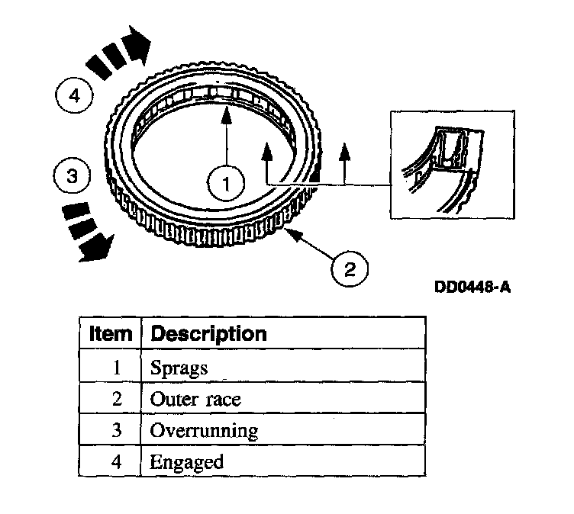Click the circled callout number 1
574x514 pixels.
pyautogui.click(x=226, y=182)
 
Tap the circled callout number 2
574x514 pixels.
pyautogui.click(x=349, y=268)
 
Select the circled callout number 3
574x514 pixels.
pyautogui.click(x=71, y=177)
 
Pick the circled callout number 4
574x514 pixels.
pyautogui.click(x=73, y=97)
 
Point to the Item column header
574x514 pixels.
pyautogui.click(x=110, y=333)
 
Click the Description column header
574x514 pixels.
pyautogui.click(x=208, y=333)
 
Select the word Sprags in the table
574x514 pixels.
pyautogui.click(x=179, y=368)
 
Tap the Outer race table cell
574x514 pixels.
pyautogui.click(x=196, y=399)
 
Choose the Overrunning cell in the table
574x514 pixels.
pyautogui.click(x=204, y=431)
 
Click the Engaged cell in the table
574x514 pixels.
pyautogui.click(x=186, y=461)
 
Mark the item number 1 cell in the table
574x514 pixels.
pyautogui.click(x=116, y=368)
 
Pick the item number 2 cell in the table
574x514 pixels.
pyautogui.click(x=116, y=399)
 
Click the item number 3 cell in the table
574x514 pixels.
pyautogui.click(x=116, y=430)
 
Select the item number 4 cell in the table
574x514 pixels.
pyautogui.click(x=116, y=461)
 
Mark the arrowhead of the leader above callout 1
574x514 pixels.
pyautogui.click(x=226, y=114)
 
